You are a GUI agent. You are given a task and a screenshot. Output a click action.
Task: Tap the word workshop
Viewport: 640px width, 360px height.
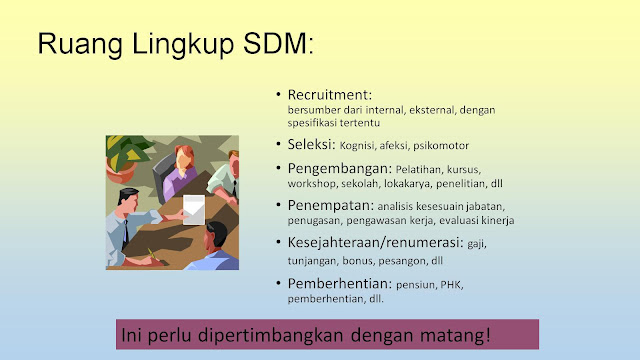312,185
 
